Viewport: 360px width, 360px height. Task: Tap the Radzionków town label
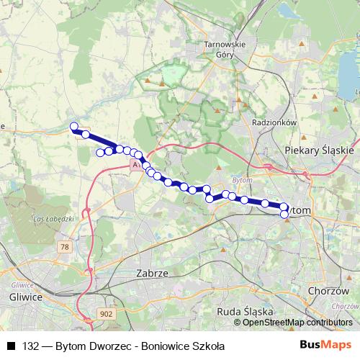tap(274, 122)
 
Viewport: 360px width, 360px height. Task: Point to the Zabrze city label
tap(151, 274)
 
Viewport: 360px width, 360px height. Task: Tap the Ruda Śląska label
tap(244, 312)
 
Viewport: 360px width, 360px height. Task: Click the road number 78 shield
tap(66, 247)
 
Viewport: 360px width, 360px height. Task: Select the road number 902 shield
tap(107, 313)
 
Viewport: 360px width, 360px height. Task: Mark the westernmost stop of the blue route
tap(73, 127)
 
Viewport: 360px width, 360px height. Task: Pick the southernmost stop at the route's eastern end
tap(284, 214)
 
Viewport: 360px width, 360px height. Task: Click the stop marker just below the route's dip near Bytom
tap(210, 199)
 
